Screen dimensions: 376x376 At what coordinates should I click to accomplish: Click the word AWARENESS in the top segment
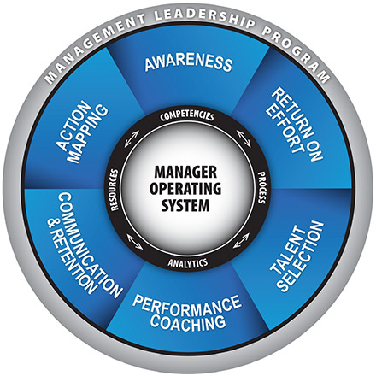point(189,62)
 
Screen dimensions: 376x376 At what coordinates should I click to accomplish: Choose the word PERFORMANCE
point(187,306)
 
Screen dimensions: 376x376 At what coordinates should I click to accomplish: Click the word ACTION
point(73,126)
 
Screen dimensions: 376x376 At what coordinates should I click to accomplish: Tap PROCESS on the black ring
point(261,187)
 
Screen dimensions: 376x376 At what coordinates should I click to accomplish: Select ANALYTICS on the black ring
point(188,262)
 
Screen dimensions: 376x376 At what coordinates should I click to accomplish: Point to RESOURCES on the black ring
point(115,190)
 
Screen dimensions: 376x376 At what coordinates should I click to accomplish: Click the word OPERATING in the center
point(185,188)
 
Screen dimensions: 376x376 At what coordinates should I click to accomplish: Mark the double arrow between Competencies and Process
point(244,138)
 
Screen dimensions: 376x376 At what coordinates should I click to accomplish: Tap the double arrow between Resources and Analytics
point(134,242)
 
